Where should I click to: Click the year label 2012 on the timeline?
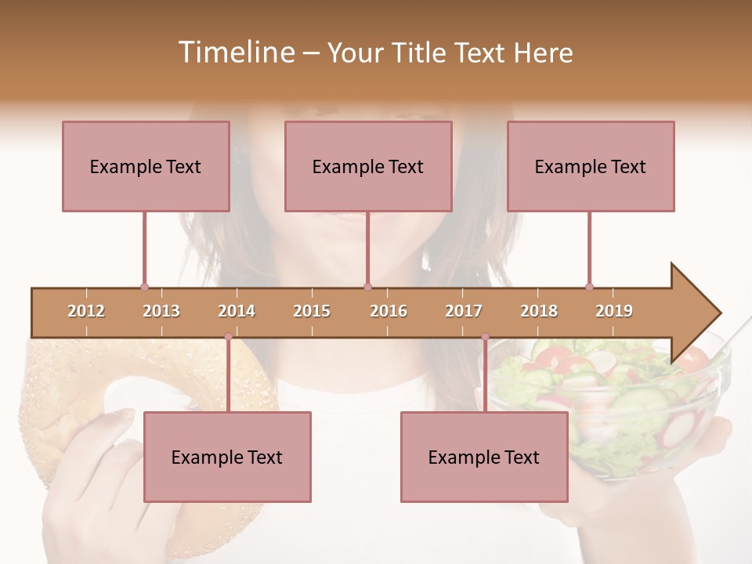point(86,311)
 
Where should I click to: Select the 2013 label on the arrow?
point(161,311)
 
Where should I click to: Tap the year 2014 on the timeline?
point(237,311)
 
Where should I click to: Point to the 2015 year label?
point(312,311)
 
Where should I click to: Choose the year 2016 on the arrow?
point(389,311)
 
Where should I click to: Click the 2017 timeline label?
point(464,311)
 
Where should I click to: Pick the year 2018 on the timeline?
point(539,311)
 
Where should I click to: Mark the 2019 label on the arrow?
point(614,311)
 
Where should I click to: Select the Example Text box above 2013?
point(146,166)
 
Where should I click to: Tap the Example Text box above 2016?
point(368,166)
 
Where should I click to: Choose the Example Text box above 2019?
point(591,166)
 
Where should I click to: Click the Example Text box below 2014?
point(227,457)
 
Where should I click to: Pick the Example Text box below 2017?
point(484,457)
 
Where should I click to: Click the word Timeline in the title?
point(235,52)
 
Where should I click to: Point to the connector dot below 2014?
point(228,337)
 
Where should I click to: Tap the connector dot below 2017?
point(485,337)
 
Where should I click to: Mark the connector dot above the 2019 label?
point(589,287)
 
